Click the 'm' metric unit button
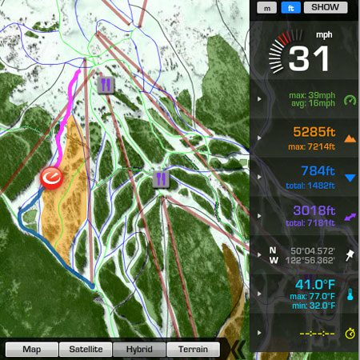click(x=268, y=7)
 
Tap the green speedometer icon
click(x=350, y=100)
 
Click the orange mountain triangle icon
click(x=350, y=138)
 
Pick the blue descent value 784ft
click(x=314, y=170)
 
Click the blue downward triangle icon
click(x=350, y=177)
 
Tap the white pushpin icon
click(x=350, y=255)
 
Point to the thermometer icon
click(x=350, y=294)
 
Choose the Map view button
click(x=32, y=349)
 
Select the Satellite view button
click(x=86, y=349)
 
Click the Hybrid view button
click(x=139, y=349)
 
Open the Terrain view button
click(x=193, y=349)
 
